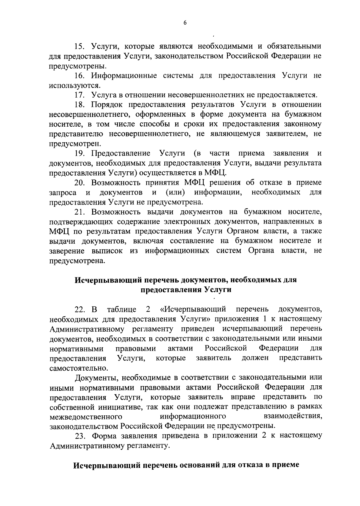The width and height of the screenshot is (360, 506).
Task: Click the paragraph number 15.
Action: coord(80,46)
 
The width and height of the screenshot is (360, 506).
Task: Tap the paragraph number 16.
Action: coord(80,76)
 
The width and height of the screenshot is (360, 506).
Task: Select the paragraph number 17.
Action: coord(80,95)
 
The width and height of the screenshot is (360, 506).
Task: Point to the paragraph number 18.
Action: coord(80,105)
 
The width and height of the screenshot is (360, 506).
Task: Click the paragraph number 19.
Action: coord(80,153)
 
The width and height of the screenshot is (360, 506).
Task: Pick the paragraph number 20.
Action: coord(80,183)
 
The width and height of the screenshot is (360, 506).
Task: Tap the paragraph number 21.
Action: coord(80,212)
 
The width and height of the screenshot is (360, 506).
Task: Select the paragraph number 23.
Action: coord(80,435)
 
